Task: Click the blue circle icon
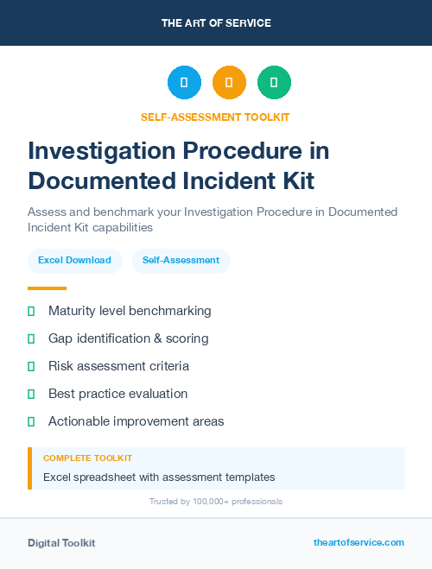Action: tap(184, 83)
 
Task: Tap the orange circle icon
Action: tap(229, 83)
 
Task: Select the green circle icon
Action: tap(274, 83)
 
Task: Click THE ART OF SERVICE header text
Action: tap(216, 23)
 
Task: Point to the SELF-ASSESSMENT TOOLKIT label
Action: tap(215, 117)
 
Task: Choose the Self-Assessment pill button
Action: tap(181, 260)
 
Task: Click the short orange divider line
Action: tap(47, 288)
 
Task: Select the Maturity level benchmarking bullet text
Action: tap(130, 311)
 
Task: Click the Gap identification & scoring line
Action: tap(128, 338)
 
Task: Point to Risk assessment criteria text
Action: tap(118, 366)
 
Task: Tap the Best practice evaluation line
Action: tap(118, 394)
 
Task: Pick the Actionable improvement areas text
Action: tap(136, 421)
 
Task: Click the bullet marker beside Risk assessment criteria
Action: tap(31, 366)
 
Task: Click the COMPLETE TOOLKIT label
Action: tap(87, 458)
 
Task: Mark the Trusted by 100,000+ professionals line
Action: tap(216, 501)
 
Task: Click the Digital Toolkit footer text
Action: tap(61, 543)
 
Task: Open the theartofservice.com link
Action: tap(359, 542)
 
